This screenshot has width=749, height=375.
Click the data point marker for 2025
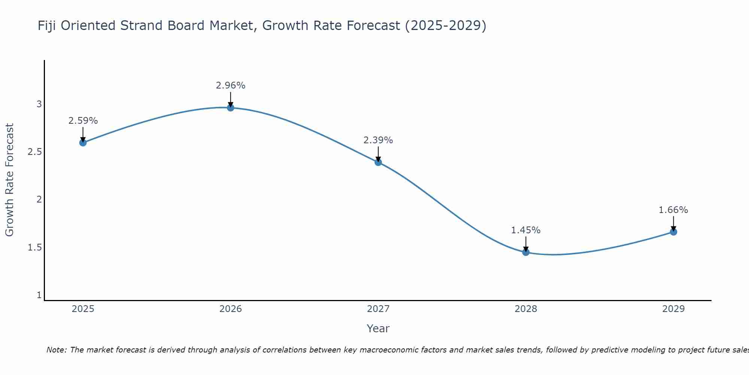[x=83, y=142]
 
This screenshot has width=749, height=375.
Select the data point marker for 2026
[x=231, y=108]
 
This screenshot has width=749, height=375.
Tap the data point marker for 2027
[x=378, y=162]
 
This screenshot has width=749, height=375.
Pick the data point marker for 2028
[x=526, y=252]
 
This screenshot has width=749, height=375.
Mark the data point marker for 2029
[x=673, y=232]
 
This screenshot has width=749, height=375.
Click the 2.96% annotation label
[x=231, y=85]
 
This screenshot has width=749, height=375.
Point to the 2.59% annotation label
[x=83, y=121]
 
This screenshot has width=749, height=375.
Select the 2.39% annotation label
[x=378, y=140]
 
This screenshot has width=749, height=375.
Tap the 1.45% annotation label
[x=526, y=230]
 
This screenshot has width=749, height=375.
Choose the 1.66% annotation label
[x=673, y=210]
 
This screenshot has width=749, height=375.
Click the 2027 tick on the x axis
[x=378, y=309]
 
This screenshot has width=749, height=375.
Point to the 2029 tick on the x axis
[x=673, y=309]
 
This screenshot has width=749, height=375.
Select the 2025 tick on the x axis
[x=83, y=309]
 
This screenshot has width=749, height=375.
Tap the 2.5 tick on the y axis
[x=34, y=152]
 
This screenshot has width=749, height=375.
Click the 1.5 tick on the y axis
[x=34, y=247]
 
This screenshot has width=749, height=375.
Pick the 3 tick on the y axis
[x=39, y=104]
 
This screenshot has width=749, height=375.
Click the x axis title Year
[x=378, y=328]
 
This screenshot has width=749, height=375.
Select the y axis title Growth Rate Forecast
[x=9, y=180]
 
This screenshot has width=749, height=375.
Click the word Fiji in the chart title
[x=47, y=26]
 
